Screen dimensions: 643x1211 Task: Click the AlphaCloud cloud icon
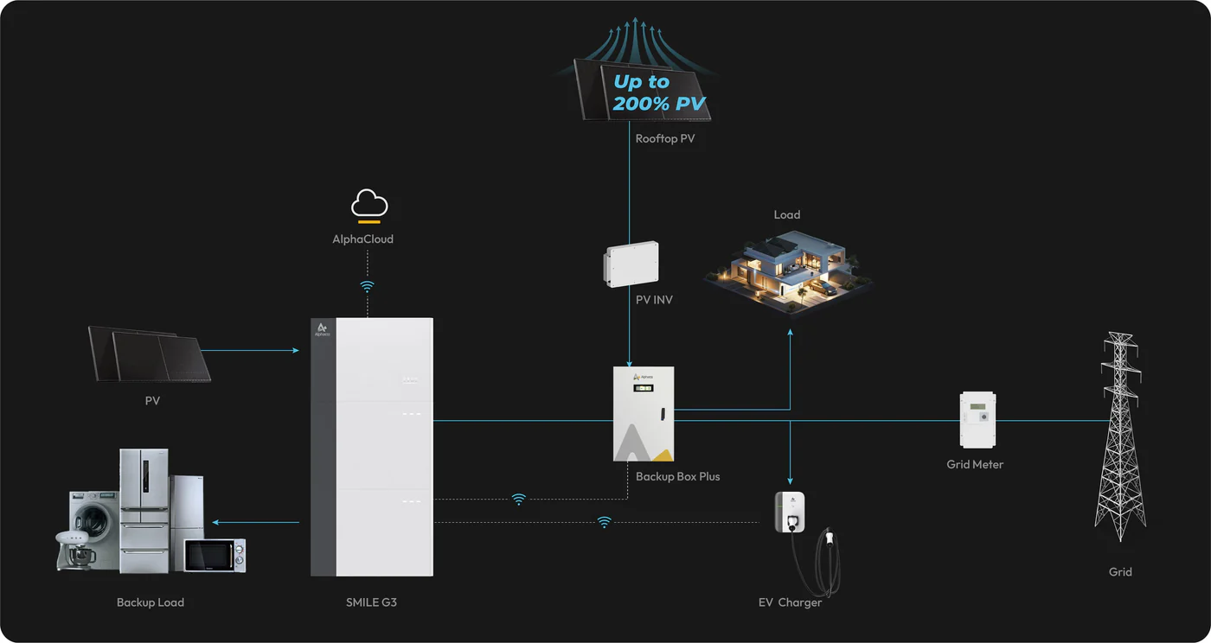[x=369, y=206]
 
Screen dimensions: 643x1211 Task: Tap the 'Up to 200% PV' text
[x=659, y=93]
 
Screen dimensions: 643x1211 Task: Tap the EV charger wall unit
[x=789, y=512]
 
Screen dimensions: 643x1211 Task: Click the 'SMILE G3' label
[x=371, y=602]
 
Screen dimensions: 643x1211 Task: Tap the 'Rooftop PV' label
[x=664, y=138]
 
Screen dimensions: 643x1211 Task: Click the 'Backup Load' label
[x=151, y=602]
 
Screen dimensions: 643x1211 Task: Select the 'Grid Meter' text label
[x=975, y=464]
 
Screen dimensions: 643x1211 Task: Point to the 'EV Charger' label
[x=790, y=602]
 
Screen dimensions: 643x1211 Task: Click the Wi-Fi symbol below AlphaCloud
[x=368, y=286]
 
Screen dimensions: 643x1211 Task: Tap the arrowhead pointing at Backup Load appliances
[x=215, y=522]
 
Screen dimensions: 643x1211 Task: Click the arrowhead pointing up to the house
[x=790, y=332]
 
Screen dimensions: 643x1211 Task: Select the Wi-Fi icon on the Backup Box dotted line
[x=518, y=499]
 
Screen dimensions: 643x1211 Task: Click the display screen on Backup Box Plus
[x=644, y=389]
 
